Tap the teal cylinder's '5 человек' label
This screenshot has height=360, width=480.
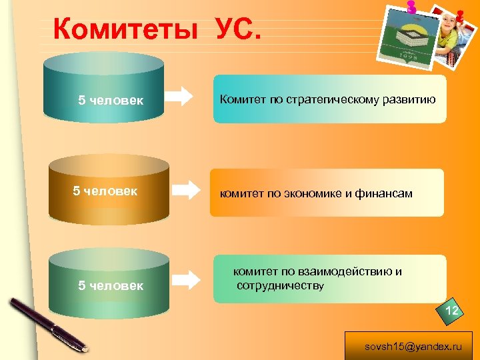[x=111, y=101]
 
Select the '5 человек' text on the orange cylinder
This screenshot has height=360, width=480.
[x=105, y=191]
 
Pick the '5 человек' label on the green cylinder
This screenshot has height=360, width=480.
[x=111, y=286]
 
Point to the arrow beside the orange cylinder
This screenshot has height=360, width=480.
[x=186, y=189]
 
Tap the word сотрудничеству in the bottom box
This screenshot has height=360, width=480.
[x=281, y=286]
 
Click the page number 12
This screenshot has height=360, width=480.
[x=451, y=311]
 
